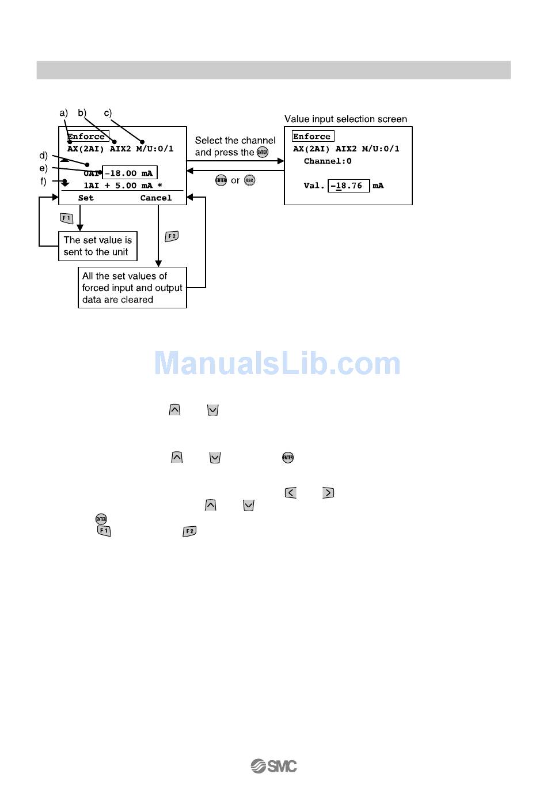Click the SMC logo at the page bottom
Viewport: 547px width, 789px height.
[x=273, y=766]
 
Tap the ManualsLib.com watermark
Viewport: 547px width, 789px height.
[x=277, y=364]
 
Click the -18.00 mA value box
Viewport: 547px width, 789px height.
[x=130, y=173]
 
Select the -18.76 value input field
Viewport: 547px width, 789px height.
[x=348, y=186]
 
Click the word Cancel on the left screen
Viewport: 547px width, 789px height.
[x=156, y=198]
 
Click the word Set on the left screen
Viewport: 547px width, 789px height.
[x=86, y=198]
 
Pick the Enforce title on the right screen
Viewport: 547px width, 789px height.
[x=313, y=137]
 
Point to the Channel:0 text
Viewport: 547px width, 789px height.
[x=328, y=161]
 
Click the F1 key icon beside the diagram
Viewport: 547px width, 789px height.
[x=67, y=218]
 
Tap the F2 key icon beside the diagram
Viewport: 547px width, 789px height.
[x=172, y=236]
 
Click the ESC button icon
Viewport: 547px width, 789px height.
[x=249, y=180]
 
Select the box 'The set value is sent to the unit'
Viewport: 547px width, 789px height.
[x=98, y=246]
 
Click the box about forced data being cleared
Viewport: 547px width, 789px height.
[x=132, y=288]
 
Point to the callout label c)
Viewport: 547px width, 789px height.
[x=108, y=113]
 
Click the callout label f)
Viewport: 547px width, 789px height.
[x=43, y=182]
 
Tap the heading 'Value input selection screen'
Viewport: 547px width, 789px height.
[x=345, y=119]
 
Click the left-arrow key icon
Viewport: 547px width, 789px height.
[x=291, y=493]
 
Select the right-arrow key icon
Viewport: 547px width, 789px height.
[x=328, y=493]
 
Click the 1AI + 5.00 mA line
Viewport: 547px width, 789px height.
[x=123, y=186]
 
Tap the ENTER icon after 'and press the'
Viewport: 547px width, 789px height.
[x=263, y=152]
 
